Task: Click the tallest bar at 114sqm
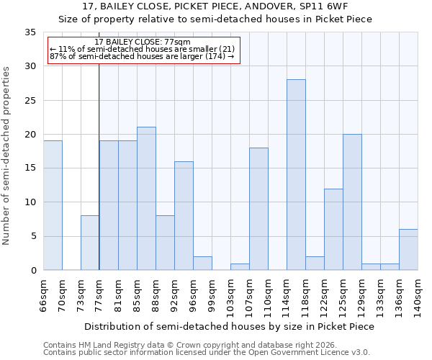[296, 175]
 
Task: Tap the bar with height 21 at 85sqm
[146, 199]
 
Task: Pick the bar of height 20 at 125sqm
[352, 202]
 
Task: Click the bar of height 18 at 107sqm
[258, 209]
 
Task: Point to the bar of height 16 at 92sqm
[184, 216]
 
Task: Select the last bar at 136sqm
[408, 250]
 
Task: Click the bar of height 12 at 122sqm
[333, 230]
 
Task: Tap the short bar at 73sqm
[90, 243]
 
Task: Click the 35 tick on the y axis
[30, 32]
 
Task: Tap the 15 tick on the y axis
[30, 168]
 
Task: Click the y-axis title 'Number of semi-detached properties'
[6, 156]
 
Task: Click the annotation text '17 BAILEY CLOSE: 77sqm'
[143, 42]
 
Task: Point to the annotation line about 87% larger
[143, 57]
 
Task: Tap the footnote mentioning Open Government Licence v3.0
[207, 353]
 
